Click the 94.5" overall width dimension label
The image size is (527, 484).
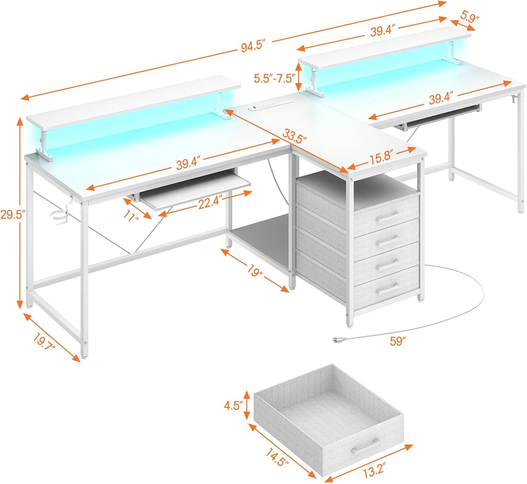tap(252, 48)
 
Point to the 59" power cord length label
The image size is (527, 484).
tap(398, 342)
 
